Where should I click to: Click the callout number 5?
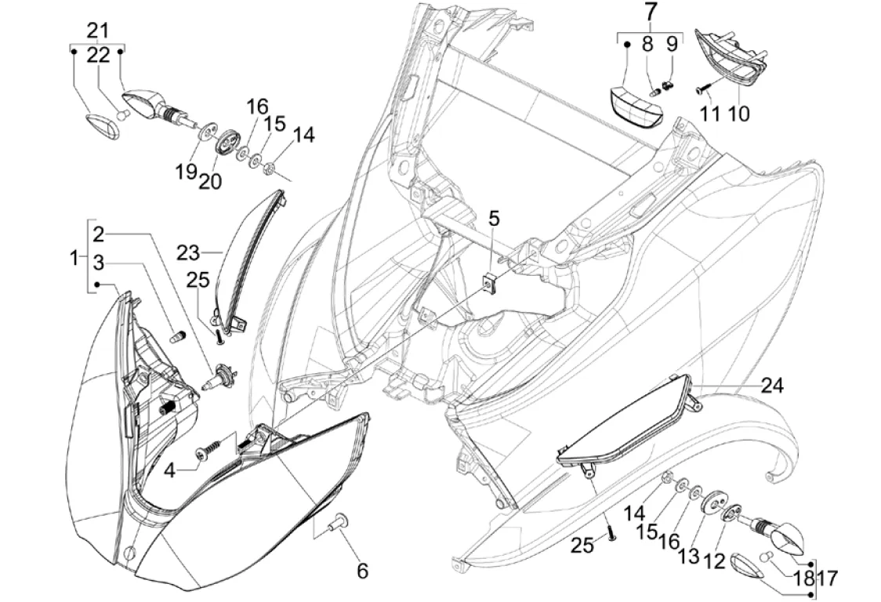(493, 219)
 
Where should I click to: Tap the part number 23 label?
(187, 253)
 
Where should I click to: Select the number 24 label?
(772, 386)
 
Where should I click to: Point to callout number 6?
(362, 571)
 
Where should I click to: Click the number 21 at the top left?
(97, 31)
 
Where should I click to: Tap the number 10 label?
(738, 114)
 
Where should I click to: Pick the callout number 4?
(169, 470)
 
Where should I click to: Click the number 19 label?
(186, 171)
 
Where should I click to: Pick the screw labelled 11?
(702, 89)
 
